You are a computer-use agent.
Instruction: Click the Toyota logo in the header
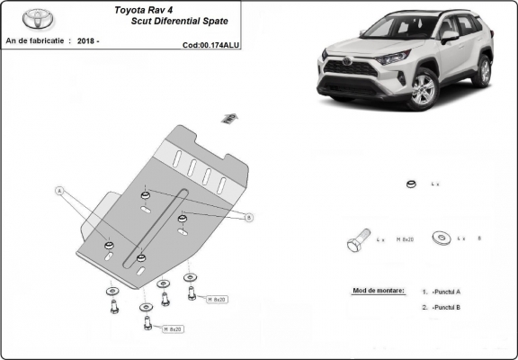pos(38,17)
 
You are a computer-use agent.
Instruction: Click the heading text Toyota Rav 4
pos(145,11)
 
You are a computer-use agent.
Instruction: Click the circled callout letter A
pos(60,191)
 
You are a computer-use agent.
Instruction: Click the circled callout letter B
pos(249,217)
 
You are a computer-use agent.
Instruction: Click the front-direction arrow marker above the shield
pos(229,117)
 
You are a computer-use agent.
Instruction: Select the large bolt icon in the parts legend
pos(356,241)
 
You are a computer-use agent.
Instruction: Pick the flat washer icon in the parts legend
pos(442,238)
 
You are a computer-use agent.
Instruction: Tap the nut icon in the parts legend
pos(409,184)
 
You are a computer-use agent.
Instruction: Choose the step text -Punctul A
pos(446,292)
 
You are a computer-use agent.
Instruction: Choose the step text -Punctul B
pos(446,308)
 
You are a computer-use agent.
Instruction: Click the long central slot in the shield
pos(162,225)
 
